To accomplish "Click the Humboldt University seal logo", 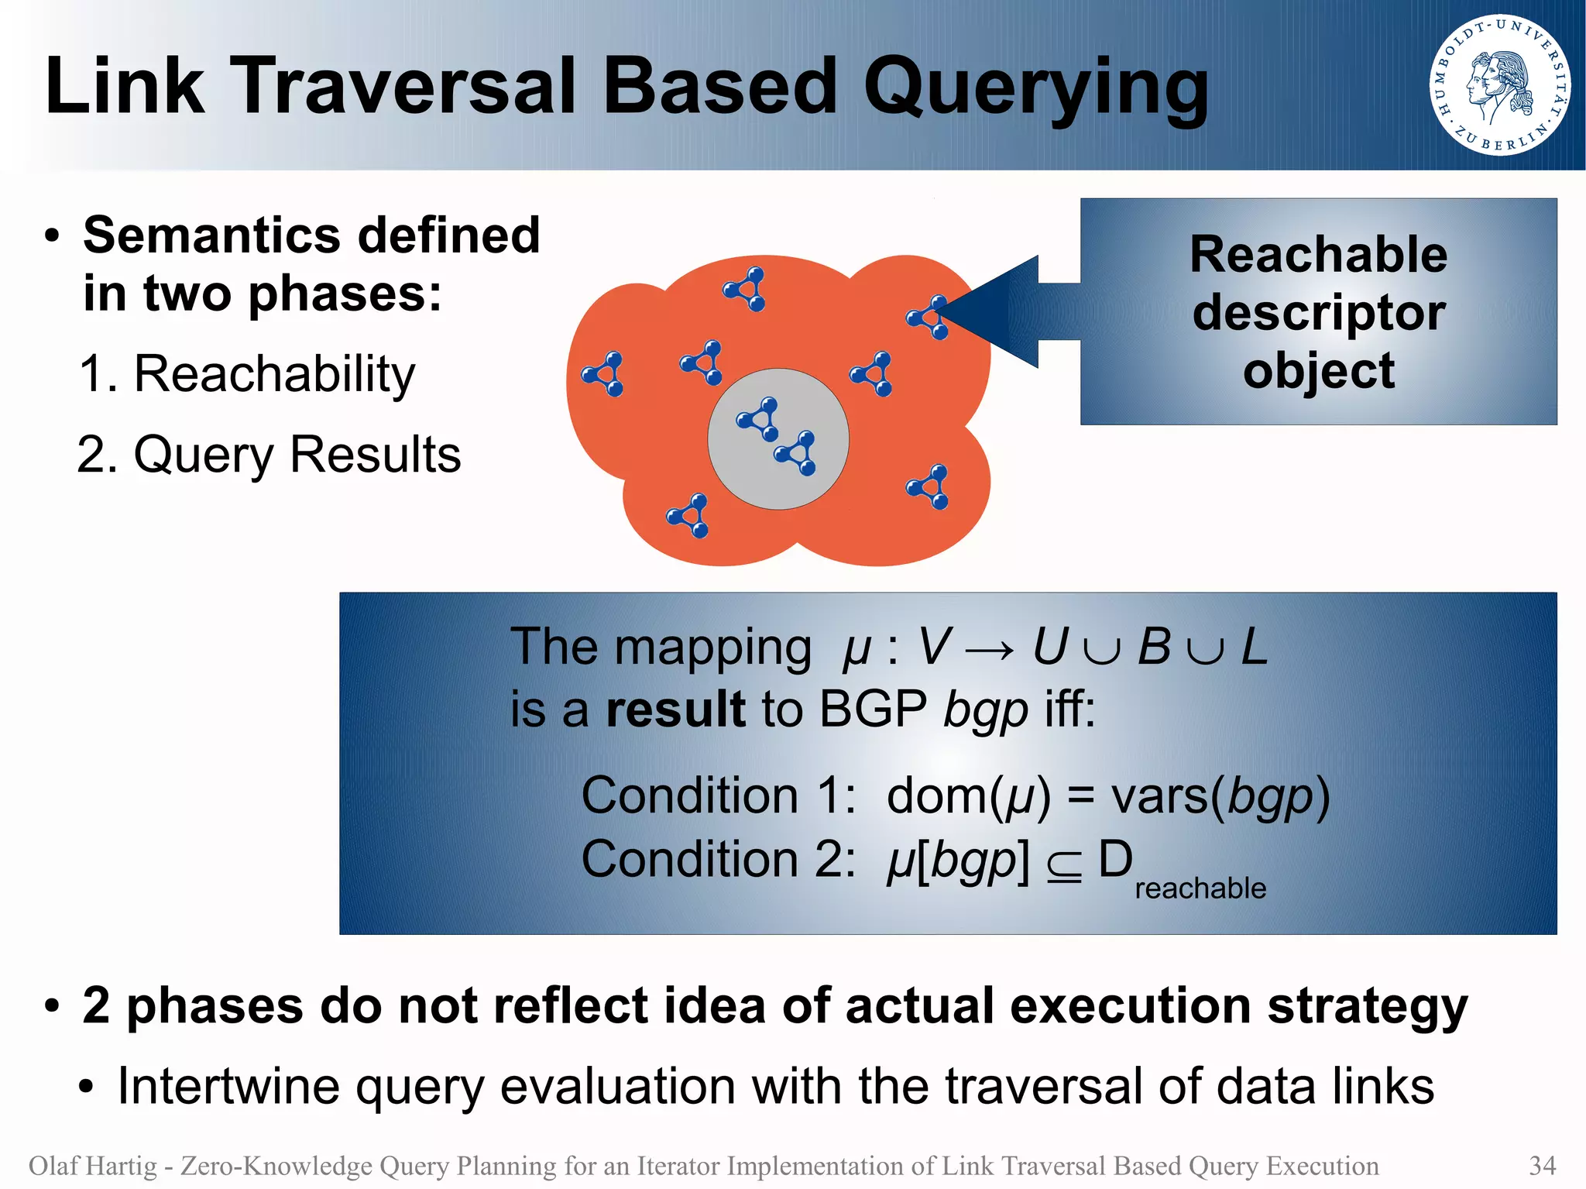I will [x=1499, y=85].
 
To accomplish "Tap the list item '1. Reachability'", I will [x=247, y=374].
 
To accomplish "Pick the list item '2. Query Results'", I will [x=269, y=455].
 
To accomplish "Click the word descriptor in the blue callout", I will [x=1318, y=312].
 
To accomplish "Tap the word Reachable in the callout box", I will [x=1318, y=254].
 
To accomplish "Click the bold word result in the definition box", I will [x=675, y=709].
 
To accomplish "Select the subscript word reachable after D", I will [x=1200, y=888].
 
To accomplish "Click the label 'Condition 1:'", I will [x=718, y=796].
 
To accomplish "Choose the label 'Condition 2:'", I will [x=718, y=860].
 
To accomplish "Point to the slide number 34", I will [x=1542, y=1165].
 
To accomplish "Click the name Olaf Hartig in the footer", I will [x=92, y=1165].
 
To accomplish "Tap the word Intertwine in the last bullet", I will [x=228, y=1086].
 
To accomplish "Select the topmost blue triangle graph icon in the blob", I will [x=745, y=289].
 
